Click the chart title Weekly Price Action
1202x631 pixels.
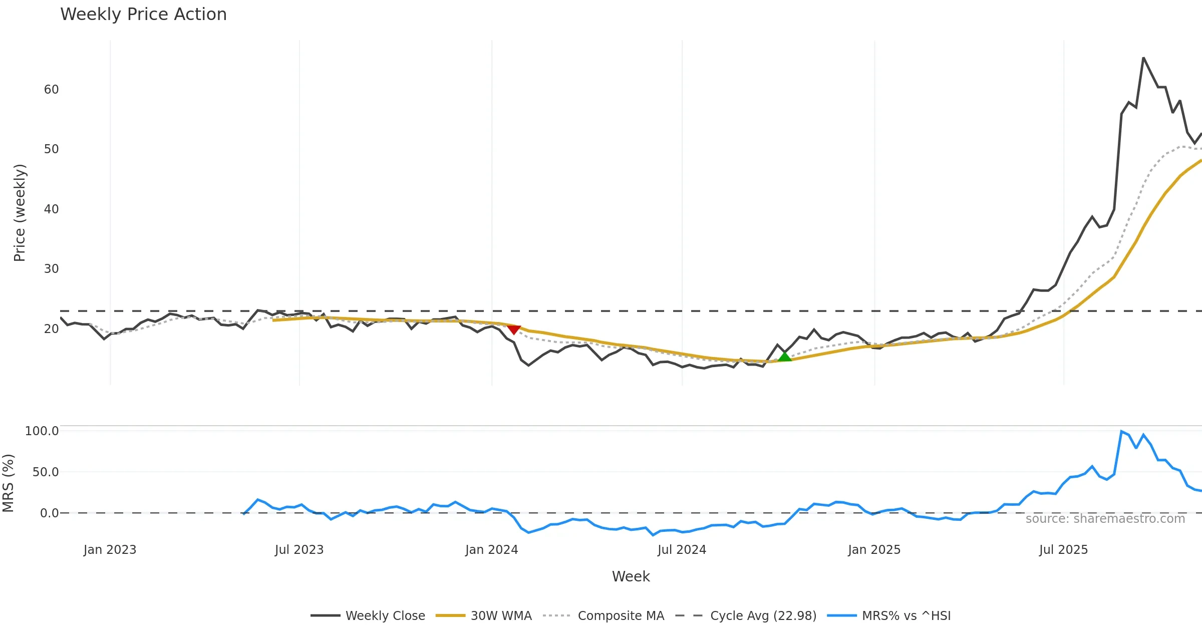[143, 15]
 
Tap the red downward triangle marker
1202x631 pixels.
[514, 329]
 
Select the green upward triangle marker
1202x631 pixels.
[784, 357]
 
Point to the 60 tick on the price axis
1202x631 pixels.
[51, 90]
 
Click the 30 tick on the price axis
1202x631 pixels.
[51, 269]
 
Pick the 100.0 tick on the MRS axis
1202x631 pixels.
[42, 431]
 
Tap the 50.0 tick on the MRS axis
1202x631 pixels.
[46, 472]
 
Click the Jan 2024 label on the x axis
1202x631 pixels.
[491, 550]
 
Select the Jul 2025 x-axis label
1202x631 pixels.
[1063, 550]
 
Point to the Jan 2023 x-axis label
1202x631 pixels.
[110, 550]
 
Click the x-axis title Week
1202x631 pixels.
[631, 577]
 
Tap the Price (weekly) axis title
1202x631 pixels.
[20, 213]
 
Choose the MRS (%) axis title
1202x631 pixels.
[9, 483]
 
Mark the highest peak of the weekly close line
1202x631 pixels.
[1143, 58]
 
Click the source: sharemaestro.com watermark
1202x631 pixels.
[1105, 519]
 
